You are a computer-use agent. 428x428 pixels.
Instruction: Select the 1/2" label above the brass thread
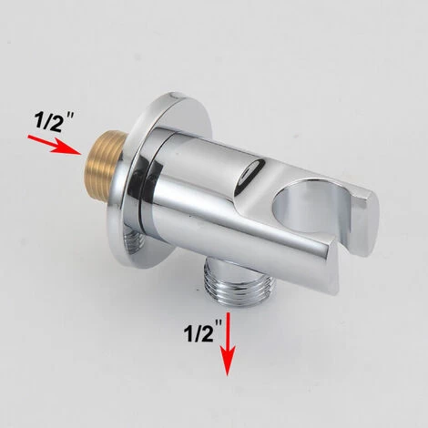click(54, 121)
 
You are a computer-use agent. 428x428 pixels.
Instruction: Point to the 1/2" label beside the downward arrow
click(202, 331)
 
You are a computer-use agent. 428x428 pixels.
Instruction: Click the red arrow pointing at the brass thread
click(55, 146)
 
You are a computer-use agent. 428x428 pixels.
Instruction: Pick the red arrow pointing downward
click(228, 344)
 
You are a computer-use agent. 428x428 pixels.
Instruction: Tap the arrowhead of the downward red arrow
click(228, 362)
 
